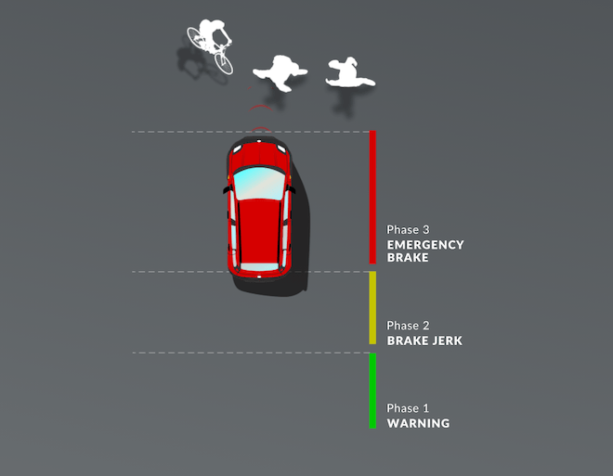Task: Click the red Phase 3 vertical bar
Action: pyautogui.click(x=372, y=198)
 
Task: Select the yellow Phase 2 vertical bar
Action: pyautogui.click(x=372, y=308)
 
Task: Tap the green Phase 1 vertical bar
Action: pyautogui.click(x=372, y=391)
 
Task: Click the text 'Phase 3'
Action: pyautogui.click(x=408, y=229)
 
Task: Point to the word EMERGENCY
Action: pyautogui.click(x=425, y=245)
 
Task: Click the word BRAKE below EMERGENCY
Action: pyautogui.click(x=408, y=258)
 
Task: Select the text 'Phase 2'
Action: pyautogui.click(x=408, y=326)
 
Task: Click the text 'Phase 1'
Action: pyautogui.click(x=408, y=408)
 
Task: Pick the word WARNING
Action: pyautogui.click(x=418, y=423)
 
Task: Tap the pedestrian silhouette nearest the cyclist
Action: pyautogui.click(x=280, y=72)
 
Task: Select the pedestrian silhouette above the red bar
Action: pyautogui.click(x=349, y=73)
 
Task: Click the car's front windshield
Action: pyautogui.click(x=259, y=184)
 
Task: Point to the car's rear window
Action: pyautogui.click(x=259, y=266)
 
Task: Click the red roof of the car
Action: pyautogui.click(x=259, y=230)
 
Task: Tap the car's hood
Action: pyautogui.click(x=259, y=154)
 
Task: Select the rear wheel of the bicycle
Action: pyautogui.click(x=195, y=36)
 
